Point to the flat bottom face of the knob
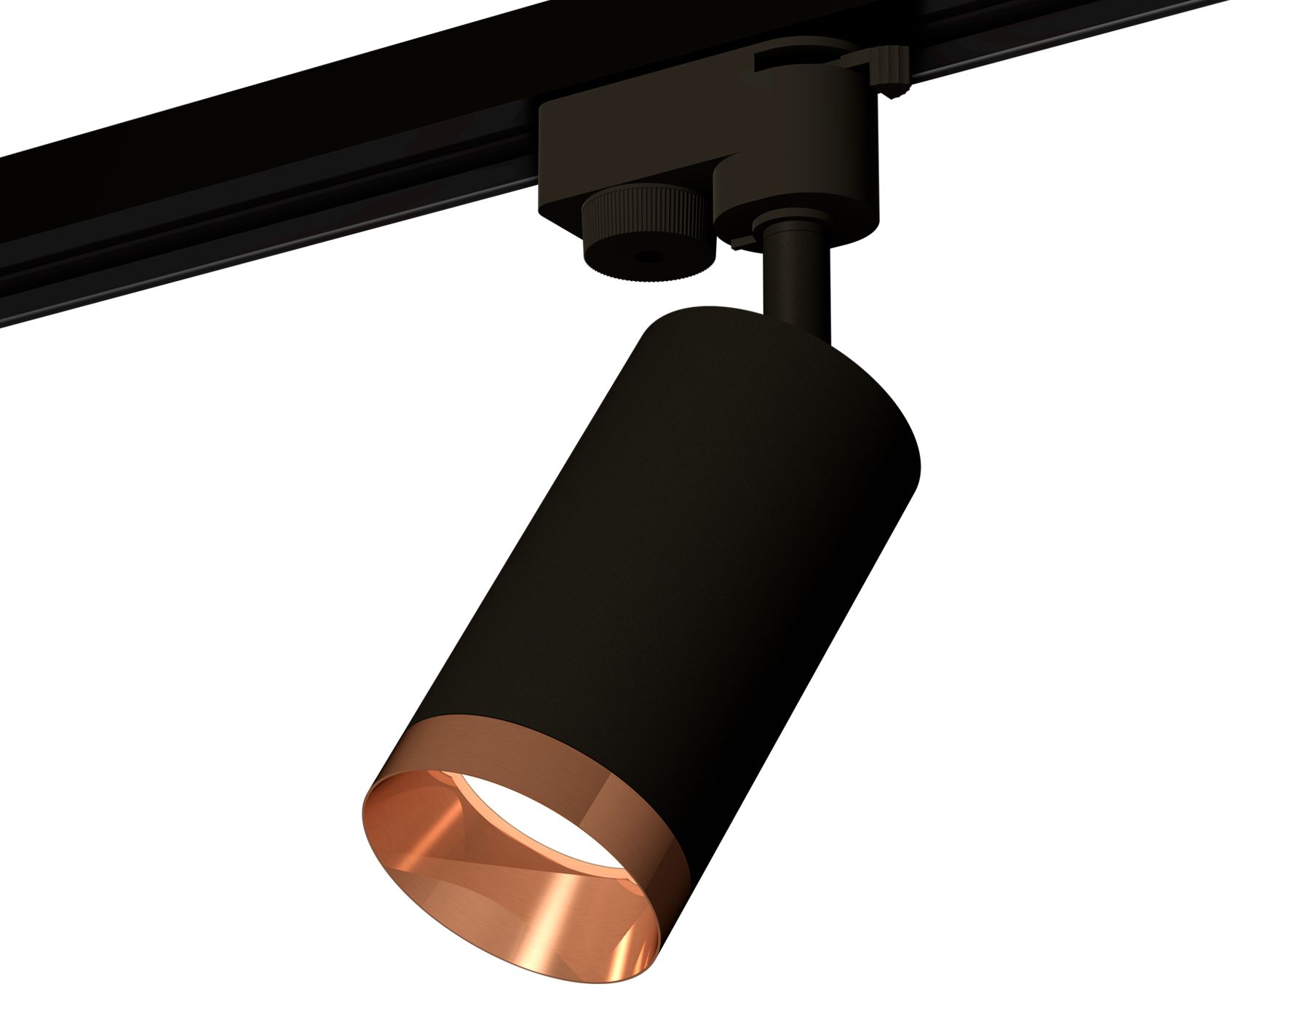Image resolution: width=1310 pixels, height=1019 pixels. click(x=648, y=266)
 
